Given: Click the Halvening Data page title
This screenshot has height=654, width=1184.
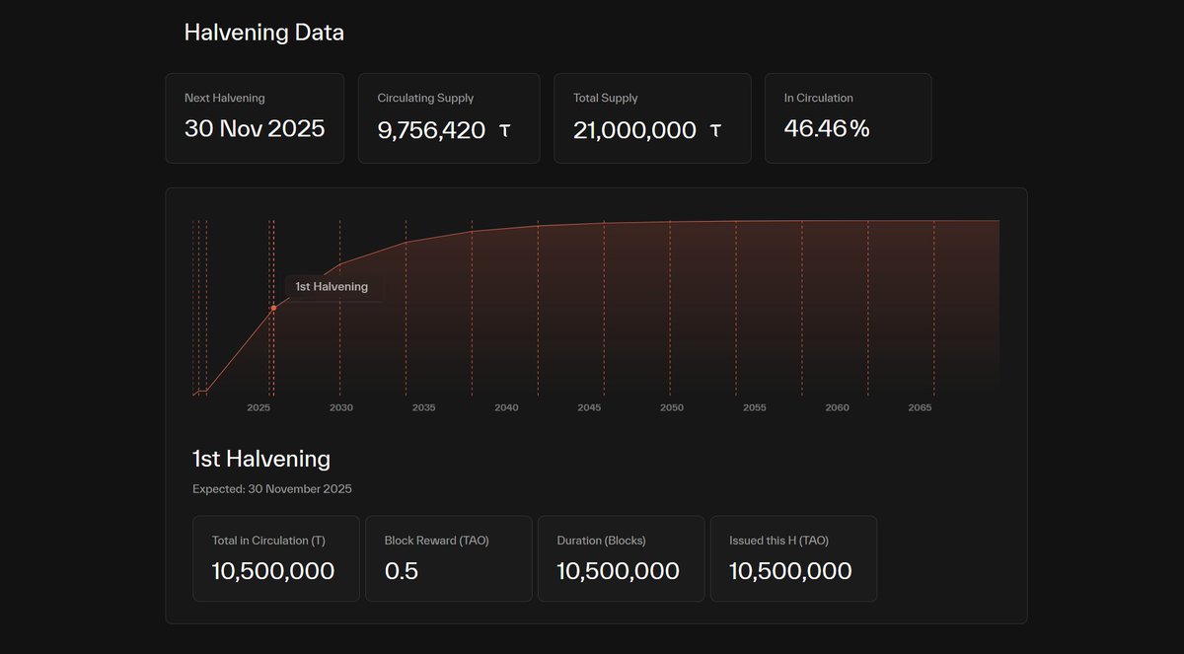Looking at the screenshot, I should coord(263,33).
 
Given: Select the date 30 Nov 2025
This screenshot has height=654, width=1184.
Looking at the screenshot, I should coord(255,128).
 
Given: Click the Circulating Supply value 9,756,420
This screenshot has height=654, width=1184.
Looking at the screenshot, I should coord(431,129).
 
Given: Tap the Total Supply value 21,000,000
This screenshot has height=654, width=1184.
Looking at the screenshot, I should coord(634,129).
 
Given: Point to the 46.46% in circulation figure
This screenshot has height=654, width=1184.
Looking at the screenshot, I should coord(826,128).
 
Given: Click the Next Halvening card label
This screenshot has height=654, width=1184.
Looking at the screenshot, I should coord(224,98).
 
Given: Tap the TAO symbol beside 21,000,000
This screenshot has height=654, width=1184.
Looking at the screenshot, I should coord(715,129).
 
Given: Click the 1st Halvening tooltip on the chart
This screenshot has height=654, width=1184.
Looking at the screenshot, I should coord(332,287).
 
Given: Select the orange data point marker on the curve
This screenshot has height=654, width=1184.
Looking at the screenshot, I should coord(273,309).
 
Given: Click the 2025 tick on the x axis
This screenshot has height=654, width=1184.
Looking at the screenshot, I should coord(259,407).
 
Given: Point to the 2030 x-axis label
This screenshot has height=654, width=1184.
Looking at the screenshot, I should coord(341,407).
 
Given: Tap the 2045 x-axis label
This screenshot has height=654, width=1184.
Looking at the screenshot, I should coord(589,407).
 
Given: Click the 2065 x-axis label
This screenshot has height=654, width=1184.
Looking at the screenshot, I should coord(920,407).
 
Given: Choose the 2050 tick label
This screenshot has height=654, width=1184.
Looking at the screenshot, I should coord(672,407).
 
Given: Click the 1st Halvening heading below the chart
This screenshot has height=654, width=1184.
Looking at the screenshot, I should coord(260,459).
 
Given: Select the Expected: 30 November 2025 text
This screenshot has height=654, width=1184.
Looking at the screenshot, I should coord(271,489).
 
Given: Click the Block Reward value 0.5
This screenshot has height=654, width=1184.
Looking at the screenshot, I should coord(401,571).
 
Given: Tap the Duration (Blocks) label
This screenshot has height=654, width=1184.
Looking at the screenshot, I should coord(601,541).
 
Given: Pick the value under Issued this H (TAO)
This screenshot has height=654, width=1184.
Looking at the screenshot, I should coord(790,571).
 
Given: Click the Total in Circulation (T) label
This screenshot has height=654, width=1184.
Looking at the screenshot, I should coord(268,541).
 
